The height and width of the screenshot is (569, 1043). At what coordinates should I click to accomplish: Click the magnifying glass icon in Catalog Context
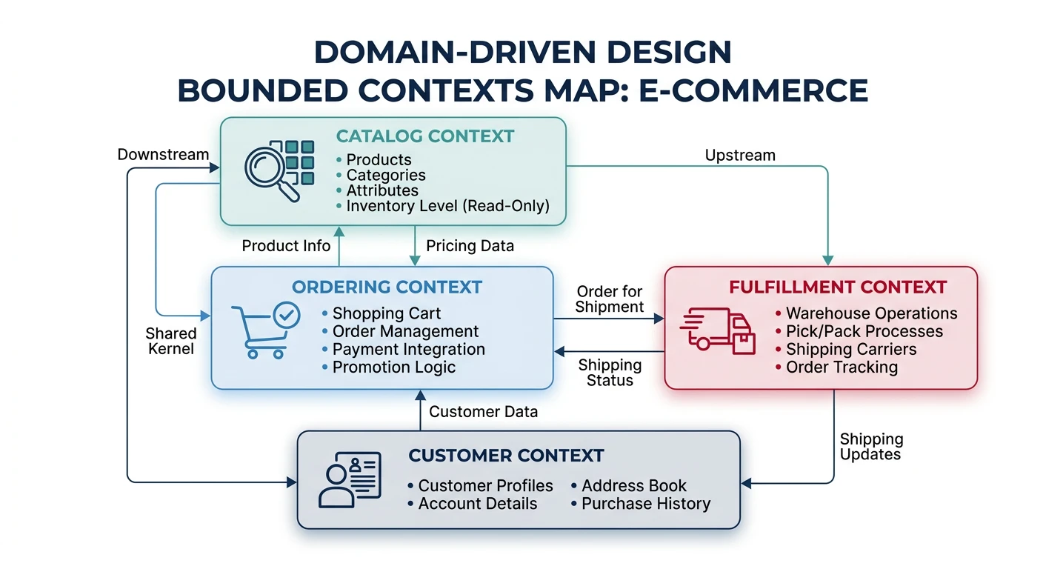tap(271, 172)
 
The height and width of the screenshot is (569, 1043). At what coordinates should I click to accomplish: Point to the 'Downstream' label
tap(163, 155)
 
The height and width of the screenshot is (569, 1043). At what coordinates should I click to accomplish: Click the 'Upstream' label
tap(740, 155)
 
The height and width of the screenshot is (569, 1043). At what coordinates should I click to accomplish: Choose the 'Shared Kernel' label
tap(171, 341)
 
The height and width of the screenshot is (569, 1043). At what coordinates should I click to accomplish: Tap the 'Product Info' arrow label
tap(286, 246)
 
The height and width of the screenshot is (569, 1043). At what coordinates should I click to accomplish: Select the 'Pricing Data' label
tap(470, 246)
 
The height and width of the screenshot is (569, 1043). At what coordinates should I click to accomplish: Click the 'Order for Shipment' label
tap(610, 299)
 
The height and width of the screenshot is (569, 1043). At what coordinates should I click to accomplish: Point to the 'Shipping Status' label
tap(610, 373)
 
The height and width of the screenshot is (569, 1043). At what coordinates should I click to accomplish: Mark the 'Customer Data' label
tap(483, 412)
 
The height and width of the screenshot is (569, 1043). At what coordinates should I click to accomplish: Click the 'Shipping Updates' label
tap(871, 447)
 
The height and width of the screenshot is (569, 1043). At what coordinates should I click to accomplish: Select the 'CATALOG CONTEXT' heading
tap(425, 136)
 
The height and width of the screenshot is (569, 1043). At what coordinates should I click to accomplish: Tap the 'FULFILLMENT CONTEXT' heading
tap(838, 287)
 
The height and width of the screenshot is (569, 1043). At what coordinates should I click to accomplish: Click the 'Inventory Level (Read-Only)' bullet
tap(447, 207)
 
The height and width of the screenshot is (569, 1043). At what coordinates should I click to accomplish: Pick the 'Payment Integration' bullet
tap(408, 350)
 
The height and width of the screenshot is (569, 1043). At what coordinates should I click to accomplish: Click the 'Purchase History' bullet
tap(645, 504)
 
